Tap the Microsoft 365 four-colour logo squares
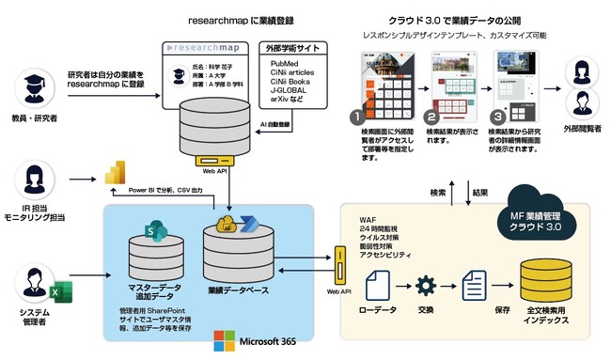tap(224, 338)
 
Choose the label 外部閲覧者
tap(580, 125)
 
